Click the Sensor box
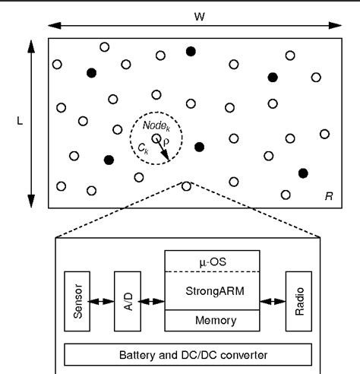coord(77,300)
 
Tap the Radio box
coord(298,300)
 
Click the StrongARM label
coord(212,290)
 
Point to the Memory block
coord(212,321)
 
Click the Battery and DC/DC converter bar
coord(188,355)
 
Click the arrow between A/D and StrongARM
coord(149,301)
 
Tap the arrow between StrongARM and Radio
coord(271,301)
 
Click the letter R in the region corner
coord(328,197)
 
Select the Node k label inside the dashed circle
coord(156,122)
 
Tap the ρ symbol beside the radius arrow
coord(169,141)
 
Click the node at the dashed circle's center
coord(156,138)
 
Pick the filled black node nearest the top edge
coord(191,51)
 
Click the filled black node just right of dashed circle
coord(199,147)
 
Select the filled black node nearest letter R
coord(303,173)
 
